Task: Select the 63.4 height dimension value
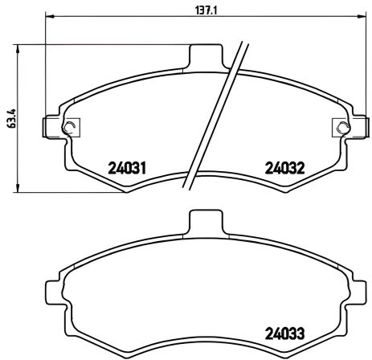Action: click(x=9, y=118)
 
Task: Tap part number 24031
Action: click(x=126, y=169)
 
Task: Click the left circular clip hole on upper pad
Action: click(x=70, y=126)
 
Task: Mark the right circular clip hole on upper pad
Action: click(x=342, y=126)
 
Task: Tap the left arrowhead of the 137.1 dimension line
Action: click(x=50, y=17)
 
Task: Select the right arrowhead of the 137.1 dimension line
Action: click(x=361, y=17)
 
